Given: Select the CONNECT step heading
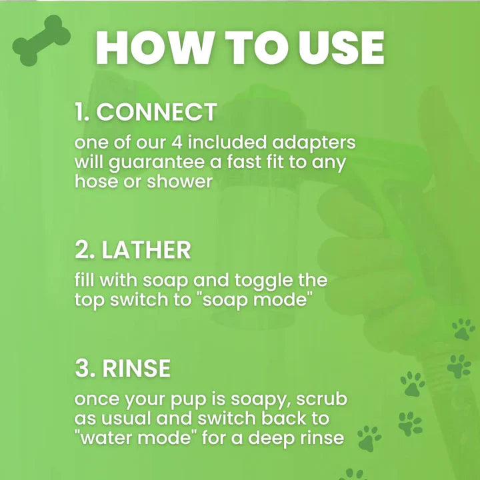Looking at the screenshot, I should [x=156, y=112].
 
